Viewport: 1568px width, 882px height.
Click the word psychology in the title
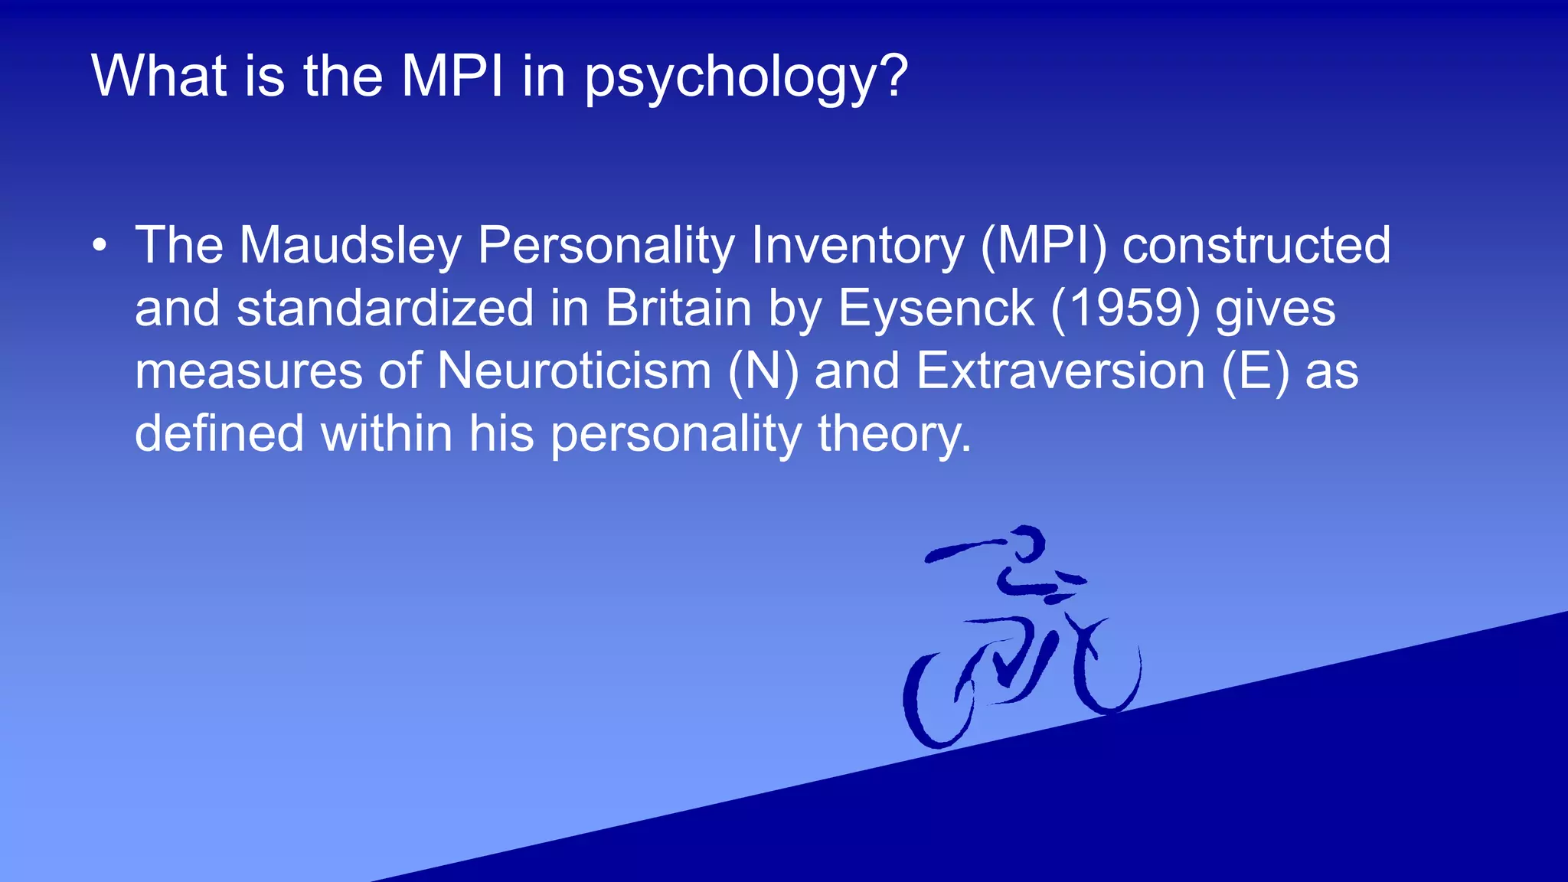pos(746,77)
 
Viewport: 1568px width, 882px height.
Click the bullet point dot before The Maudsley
pos(99,246)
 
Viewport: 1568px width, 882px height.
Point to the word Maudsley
pos(350,246)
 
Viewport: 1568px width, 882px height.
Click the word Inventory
pos(857,246)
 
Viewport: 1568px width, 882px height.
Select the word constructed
pos(1256,246)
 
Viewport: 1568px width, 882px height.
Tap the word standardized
pos(385,309)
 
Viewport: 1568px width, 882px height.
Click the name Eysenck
pos(936,309)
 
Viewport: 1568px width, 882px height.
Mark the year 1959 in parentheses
pos(1125,309)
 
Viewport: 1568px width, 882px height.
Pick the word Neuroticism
pos(574,371)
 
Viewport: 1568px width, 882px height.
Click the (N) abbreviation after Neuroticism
pos(763,371)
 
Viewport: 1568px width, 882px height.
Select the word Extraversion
pos(1061,371)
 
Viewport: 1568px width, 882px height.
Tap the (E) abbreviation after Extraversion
pos(1256,371)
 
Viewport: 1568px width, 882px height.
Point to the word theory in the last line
pos(894,434)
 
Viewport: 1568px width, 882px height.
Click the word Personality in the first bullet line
pos(605,246)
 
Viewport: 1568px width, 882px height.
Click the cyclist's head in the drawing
pos(1026,542)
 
